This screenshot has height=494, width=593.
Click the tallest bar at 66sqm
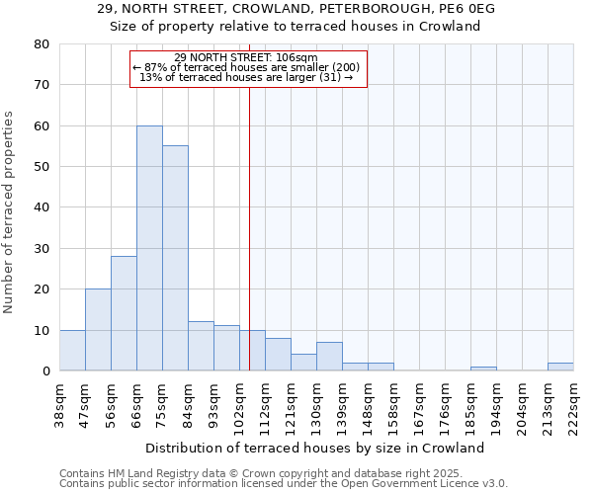pos(149,248)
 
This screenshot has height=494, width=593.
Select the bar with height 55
pos(175,258)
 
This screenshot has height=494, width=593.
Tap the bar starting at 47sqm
pos(98,330)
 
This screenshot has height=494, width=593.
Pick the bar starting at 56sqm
pos(124,313)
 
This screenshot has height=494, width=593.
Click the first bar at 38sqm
pos(72,351)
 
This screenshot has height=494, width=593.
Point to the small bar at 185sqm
pos(483,369)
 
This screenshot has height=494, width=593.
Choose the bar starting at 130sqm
pos(329,357)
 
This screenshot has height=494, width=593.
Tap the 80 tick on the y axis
pos(42,44)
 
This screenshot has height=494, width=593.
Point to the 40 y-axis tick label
pos(42,207)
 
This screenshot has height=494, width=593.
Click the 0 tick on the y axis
pos(46,371)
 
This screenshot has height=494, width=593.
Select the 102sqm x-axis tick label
pos(240,405)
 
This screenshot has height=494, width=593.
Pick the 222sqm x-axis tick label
pos(574,405)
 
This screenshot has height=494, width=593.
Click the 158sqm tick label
pos(394,405)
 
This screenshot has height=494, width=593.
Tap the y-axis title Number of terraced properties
pos(10,212)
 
